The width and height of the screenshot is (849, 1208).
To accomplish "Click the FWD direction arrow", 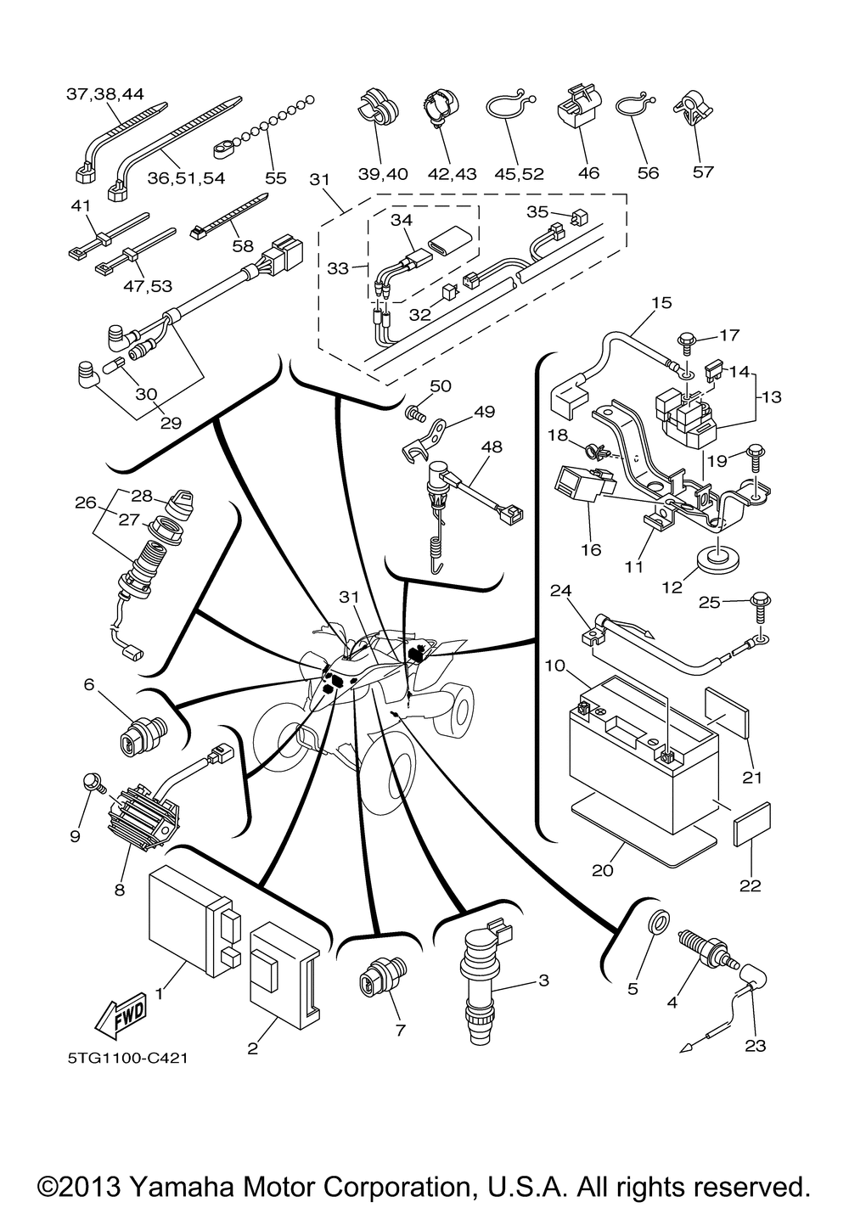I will [x=121, y=1014].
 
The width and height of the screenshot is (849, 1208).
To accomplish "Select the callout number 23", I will [x=754, y=1046].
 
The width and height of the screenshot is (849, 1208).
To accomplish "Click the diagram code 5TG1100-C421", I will [x=128, y=1059].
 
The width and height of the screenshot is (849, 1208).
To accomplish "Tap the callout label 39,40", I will [x=382, y=174].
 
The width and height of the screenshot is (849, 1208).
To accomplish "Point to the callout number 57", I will [x=703, y=172].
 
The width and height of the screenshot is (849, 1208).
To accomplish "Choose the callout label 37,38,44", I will [x=105, y=94].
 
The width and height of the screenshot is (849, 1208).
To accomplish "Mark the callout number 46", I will [x=588, y=173].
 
